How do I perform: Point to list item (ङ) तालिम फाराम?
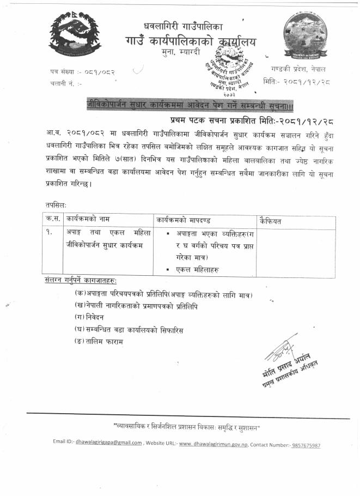pos(99,341)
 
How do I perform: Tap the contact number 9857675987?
pos(298,445)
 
